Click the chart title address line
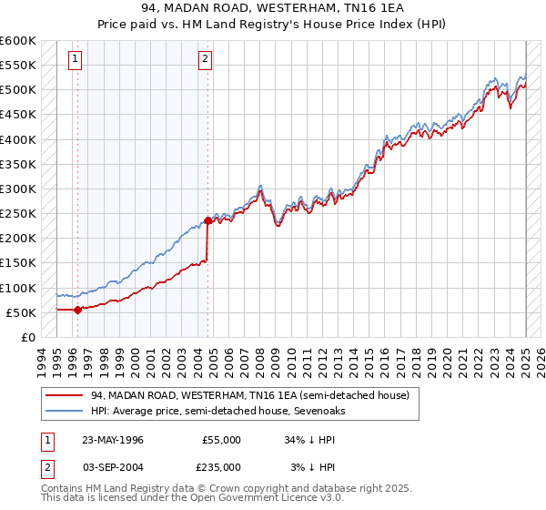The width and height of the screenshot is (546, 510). [273, 8]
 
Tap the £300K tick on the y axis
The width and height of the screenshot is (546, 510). [17, 189]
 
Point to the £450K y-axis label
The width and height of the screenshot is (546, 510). [17, 115]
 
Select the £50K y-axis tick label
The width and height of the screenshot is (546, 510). [21, 312]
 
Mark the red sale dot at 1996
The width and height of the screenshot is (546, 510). [77, 310]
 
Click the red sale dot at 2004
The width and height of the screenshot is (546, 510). [207, 220]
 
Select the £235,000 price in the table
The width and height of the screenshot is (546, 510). [221, 467]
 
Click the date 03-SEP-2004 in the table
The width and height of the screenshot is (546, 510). [112, 467]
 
